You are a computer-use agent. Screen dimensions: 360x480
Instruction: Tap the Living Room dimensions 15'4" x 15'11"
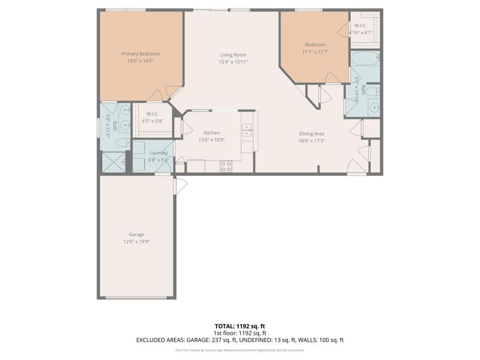(x=233, y=62)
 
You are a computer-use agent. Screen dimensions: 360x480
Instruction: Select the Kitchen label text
(x=211, y=133)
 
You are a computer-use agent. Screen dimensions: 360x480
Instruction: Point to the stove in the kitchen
(x=226, y=167)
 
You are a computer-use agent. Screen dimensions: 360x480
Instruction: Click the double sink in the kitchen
(x=247, y=130)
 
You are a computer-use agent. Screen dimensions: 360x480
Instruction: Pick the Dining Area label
(x=312, y=134)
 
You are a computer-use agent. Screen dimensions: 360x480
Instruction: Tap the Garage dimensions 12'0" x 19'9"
(x=136, y=242)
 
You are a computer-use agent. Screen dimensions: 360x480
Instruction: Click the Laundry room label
(x=158, y=152)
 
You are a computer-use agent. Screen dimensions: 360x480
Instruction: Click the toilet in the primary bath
(x=121, y=143)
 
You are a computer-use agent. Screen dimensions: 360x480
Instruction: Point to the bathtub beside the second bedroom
(x=365, y=59)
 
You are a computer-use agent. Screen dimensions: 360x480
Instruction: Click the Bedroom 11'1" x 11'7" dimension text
(x=315, y=52)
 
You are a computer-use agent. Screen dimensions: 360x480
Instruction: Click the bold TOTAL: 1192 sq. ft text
(x=239, y=326)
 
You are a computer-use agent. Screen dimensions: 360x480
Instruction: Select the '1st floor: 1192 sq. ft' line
(x=239, y=333)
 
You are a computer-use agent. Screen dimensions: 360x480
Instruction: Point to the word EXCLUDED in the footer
(x=152, y=340)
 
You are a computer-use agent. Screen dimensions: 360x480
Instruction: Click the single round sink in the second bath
(x=374, y=108)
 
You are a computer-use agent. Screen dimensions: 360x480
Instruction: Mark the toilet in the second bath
(x=372, y=92)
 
